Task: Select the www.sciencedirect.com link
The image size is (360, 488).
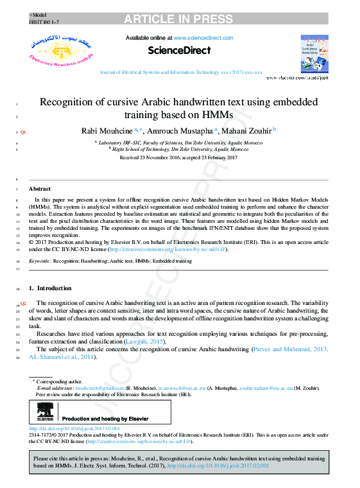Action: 203,38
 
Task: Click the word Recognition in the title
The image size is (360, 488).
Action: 70,102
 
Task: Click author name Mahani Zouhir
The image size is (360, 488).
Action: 247,131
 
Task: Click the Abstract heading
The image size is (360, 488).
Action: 40,189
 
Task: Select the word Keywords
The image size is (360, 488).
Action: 40,261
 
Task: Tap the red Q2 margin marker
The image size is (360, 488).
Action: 23,302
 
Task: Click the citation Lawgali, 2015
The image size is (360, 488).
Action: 148,342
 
